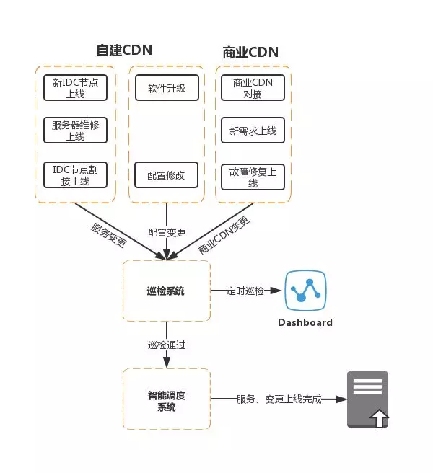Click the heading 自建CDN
click(124, 50)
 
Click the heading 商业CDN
click(250, 52)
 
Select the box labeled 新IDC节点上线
click(75, 88)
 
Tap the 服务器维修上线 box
click(75, 131)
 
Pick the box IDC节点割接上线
click(75, 174)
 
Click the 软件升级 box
click(166, 88)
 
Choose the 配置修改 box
click(166, 174)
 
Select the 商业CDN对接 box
click(253, 88)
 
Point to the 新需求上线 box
click(253, 131)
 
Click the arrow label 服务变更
click(108, 235)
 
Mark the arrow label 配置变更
click(167, 232)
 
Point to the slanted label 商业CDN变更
click(224, 235)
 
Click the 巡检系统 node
click(166, 291)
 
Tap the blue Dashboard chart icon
click(305, 291)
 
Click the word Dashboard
click(305, 322)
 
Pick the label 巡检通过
click(167, 345)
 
